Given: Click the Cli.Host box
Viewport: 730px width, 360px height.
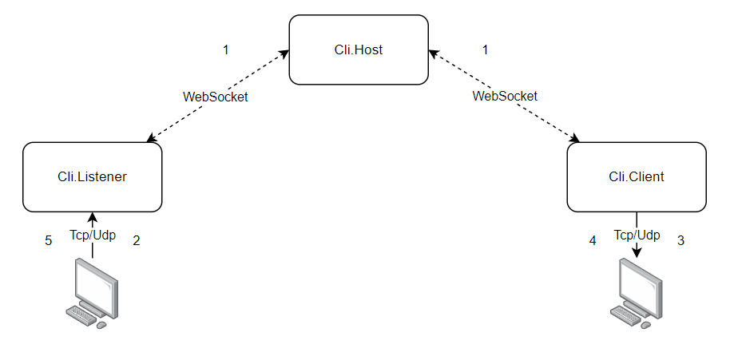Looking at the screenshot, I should point(359,49).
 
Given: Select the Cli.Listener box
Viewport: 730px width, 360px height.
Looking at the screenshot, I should point(93,177).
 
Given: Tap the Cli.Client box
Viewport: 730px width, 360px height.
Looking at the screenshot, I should point(636,177).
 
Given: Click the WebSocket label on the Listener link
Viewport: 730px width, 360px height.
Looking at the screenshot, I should point(216,97).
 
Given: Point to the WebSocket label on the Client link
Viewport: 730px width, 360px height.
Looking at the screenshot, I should point(505,96).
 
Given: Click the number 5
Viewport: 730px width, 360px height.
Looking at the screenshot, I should point(49,240).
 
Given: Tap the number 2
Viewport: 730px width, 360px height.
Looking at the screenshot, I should point(137,240).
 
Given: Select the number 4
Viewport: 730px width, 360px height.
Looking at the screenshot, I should point(593,239).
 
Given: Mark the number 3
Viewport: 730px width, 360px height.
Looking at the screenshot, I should point(680,239).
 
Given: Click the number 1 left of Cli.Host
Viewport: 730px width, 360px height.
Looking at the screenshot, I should point(225,49).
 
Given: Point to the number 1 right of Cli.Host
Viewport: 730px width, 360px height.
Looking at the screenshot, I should point(485,49).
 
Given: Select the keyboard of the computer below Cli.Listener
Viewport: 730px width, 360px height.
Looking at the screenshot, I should point(81,315).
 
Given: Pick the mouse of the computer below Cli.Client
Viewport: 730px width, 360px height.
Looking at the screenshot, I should point(645,323).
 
